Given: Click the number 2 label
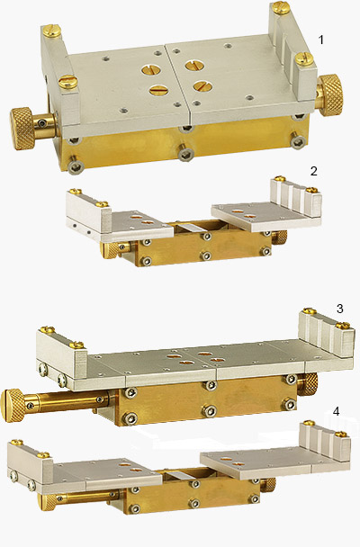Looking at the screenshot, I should point(312,170).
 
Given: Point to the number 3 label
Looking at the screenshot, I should point(339,309).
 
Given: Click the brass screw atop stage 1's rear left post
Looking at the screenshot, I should point(49,29).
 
